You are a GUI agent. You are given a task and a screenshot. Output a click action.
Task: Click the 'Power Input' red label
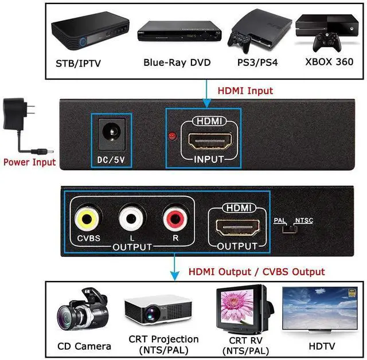click(x=30, y=162)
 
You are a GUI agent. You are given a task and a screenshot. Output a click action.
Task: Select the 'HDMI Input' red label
click(x=245, y=91)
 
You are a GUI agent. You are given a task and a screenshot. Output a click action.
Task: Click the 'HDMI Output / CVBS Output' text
click(x=256, y=272)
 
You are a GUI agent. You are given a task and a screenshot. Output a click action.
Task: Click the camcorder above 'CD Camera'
click(x=83, y=312)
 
